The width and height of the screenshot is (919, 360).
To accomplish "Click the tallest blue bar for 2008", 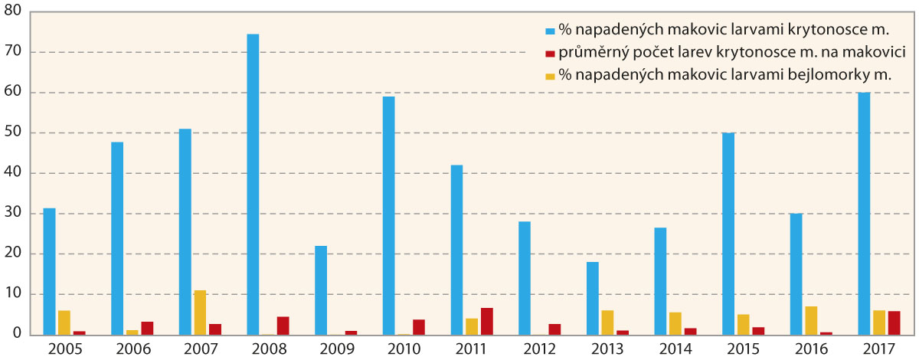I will tap(253, 185).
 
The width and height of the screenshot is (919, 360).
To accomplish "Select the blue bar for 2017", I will tap(864, 214).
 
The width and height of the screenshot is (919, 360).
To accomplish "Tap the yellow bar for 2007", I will tap(200, 313).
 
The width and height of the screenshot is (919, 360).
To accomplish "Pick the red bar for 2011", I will tap(486, 322).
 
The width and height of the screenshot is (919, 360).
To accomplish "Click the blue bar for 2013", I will tap(592, 299).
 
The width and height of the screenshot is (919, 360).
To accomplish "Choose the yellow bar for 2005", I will tap(64, 322).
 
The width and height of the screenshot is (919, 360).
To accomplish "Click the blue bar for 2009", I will tap(320, 290).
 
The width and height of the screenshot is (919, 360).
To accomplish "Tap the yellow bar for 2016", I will tap(810, 321).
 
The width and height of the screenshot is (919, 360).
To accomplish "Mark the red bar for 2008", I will tap(283, 326).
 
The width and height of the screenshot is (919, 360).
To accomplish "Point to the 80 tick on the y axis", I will tap(15, 12).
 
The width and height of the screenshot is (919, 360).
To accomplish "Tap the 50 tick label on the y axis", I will tap(15, 133).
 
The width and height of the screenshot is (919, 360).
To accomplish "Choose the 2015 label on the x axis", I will tap(742, 349).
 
